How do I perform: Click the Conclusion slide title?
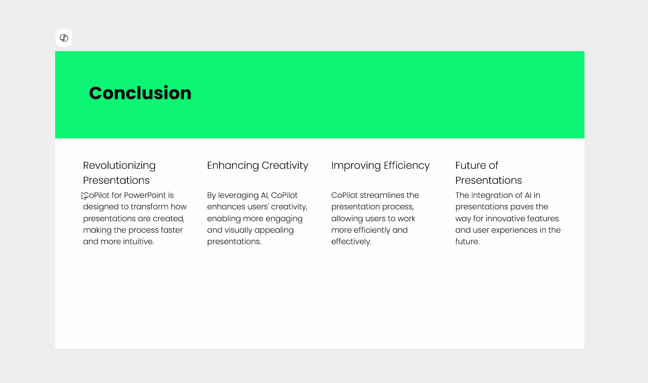pyautogui.click(x=140, y=93)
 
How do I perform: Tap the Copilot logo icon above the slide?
pyautogui.click(x=64, y=38)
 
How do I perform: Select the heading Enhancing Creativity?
pyautogui.click(x=258, y=166)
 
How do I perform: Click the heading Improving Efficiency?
pyautogui.click(x=380, y=166)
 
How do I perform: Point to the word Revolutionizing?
pyautogui.click(x=119, y=166)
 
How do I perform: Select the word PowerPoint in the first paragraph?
pyautogui.click(x=145, y=195)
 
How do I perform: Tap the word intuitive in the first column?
pyautogui.click(x=138, y=242)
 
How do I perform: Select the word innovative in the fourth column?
pyautogui.click(x=505, y=218)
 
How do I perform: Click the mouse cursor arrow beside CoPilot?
pyautogui.click(x=84, y=196)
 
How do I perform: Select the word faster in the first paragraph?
pyautogui.click(x=172, y=230)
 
